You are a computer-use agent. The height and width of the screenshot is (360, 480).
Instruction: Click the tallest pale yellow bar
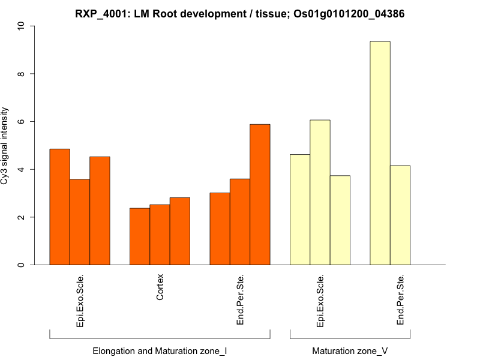click(380, 153)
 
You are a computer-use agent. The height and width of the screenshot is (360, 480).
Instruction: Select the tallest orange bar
click(260, 194)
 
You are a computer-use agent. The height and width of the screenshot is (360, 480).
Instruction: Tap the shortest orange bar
click(140, 236)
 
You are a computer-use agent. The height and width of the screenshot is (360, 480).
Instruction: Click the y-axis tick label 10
click(22, 26)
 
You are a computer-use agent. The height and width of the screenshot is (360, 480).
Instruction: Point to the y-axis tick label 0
click(22, 265)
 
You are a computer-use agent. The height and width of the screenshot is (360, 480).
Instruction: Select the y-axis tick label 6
click(22, 122)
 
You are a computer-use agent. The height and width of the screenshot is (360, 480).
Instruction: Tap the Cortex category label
click(160, 289)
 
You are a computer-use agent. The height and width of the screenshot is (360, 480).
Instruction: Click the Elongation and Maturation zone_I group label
click(160, 350)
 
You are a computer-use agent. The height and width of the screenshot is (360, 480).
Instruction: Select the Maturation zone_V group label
click(350, 350)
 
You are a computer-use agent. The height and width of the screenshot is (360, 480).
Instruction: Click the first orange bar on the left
click(59, 207)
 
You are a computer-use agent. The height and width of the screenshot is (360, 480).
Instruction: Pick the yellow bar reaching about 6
click(320, 193)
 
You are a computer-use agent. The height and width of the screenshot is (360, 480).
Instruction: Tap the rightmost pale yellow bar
click(400, 215)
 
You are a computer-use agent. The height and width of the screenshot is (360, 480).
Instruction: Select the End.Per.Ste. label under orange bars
click(240, 299)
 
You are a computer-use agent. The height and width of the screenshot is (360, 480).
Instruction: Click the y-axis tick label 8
click(22, 74)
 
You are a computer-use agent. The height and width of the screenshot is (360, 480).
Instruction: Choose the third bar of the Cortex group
click(180, 231)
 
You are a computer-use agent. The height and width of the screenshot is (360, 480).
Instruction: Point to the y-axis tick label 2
click(22, 217)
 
